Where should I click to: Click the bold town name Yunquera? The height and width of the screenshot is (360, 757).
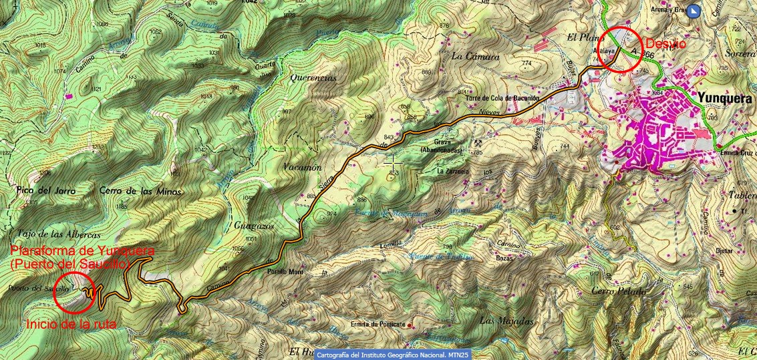click(x=724, y=98)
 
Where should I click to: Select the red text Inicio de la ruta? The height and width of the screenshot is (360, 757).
click(x=72, y=324)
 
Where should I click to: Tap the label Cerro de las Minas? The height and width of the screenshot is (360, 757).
click(x=140, y=190)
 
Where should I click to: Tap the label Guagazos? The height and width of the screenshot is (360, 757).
click(x=251, y=226)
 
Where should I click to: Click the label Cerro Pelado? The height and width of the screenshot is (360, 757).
click(x=618, y=291)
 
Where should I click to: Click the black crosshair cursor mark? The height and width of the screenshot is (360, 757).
click(x=393, y=162)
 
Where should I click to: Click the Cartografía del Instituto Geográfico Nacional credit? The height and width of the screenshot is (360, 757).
click(x=392, y=354)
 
